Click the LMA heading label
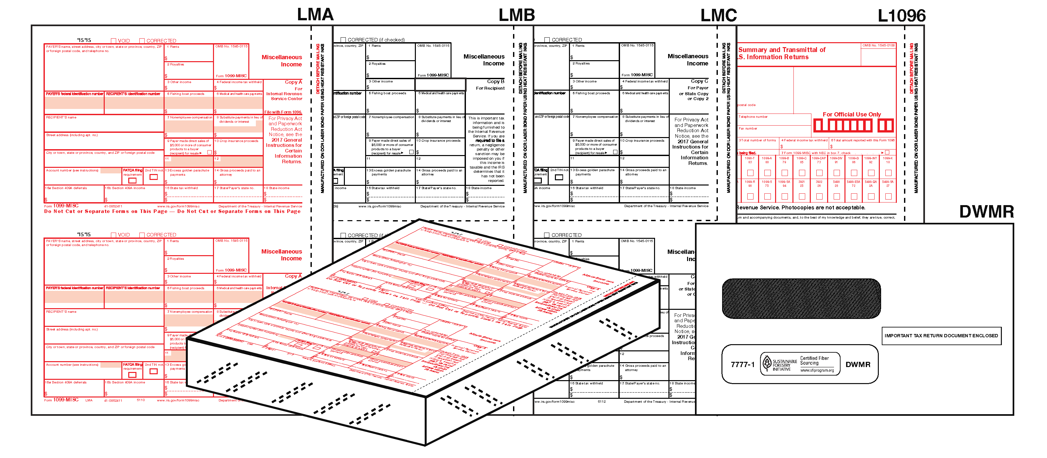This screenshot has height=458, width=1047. tap(315, 15)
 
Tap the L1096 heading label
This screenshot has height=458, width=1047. tap(901, 16)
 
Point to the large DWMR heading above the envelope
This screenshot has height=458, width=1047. tap(986, 212)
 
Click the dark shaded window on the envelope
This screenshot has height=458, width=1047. tap(801, 298)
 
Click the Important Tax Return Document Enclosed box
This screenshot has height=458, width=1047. tap(941, 336)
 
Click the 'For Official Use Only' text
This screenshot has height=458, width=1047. tap(851, 114)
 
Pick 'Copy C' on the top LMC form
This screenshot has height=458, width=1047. tap(699, 81)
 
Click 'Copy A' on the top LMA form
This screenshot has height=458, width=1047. tap(293, 82)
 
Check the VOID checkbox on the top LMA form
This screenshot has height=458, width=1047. tap(114, 41)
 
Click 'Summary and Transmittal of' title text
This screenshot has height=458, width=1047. tap(782, 50)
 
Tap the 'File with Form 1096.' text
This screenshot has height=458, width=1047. tap(283, 112)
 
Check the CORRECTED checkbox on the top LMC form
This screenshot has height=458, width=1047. tap(547, 40)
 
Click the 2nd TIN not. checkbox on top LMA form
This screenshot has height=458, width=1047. tap(154, 177)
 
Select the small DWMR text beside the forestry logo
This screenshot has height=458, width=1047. tap(858, 364)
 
